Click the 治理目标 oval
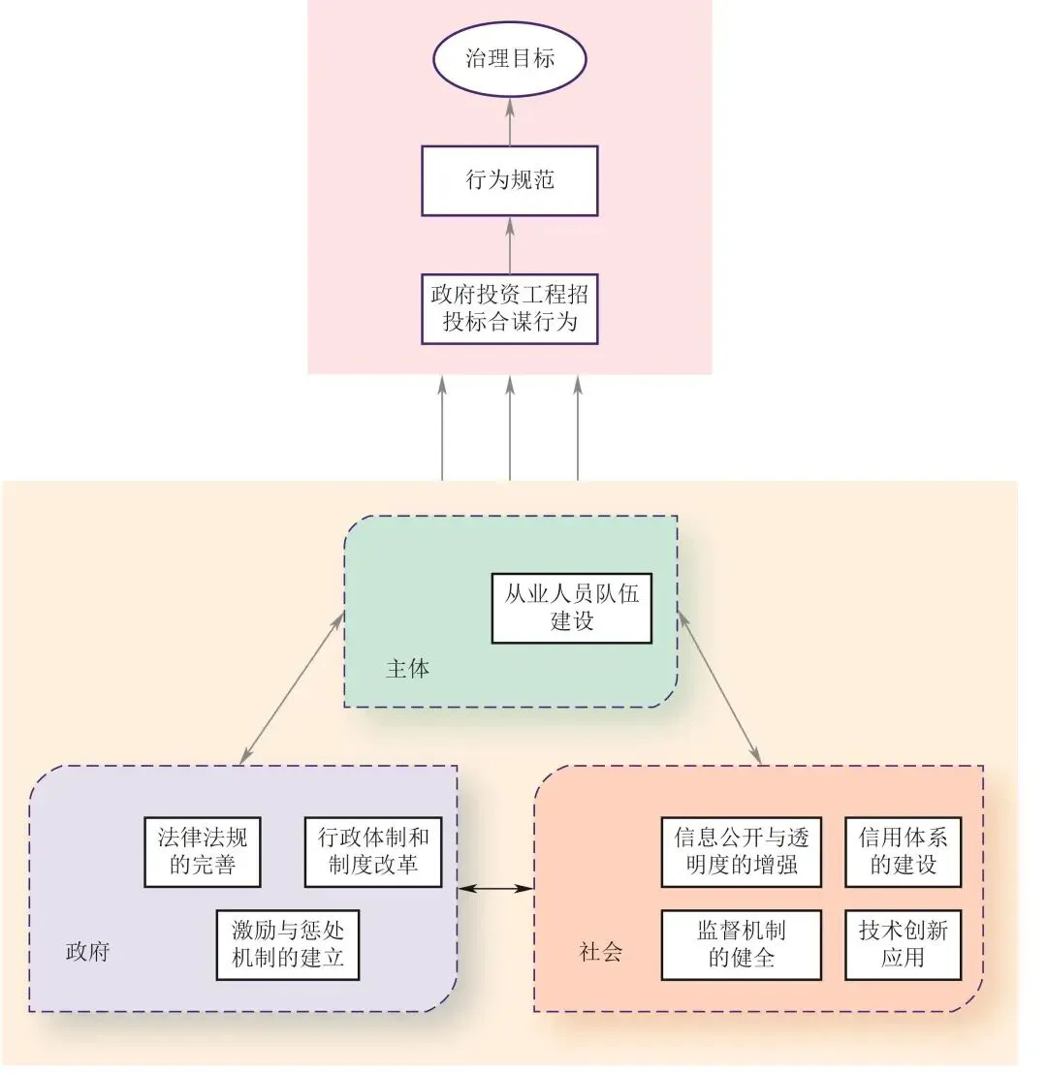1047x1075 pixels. click(509, 59)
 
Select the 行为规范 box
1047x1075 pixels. click(509, 180)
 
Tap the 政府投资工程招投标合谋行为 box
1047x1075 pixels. click(509, 309)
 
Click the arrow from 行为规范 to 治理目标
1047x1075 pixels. click(509, 121)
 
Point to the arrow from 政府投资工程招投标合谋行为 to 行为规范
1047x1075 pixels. click(509, 245)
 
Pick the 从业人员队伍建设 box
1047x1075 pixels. click(571, 608)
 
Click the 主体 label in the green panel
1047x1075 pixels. click(407, 669)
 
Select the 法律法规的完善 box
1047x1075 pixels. click(203, 851)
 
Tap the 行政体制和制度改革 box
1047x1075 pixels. click(373, 851)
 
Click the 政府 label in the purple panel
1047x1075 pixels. click(87, 951)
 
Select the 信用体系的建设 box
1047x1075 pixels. click(904, 851)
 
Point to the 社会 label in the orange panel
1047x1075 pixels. click(600, 951)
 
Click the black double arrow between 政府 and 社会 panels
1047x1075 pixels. click(496, 888)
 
